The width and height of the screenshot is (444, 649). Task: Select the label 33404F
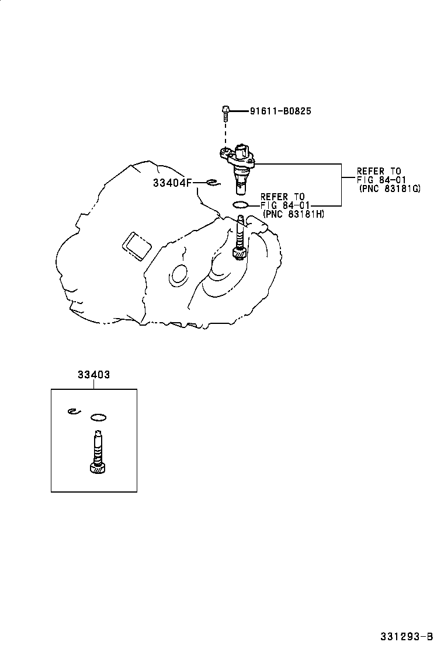pyautogui.click(x=172, y=183)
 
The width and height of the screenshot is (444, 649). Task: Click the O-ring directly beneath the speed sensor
pyautogui.click(x=240, y=205)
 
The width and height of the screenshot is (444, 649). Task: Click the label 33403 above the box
pyautogui.click(x=93, y=376)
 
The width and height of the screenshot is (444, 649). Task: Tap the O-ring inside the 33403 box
pyautogui.click(x=99, y=417)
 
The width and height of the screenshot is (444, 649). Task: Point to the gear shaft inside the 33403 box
pyautogui.click(x=97, y=452)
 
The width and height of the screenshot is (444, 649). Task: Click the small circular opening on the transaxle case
pyautogui.click(x=178, y=275)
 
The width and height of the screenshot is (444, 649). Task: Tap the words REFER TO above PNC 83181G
pyautogui.click(x=379, y=171)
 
